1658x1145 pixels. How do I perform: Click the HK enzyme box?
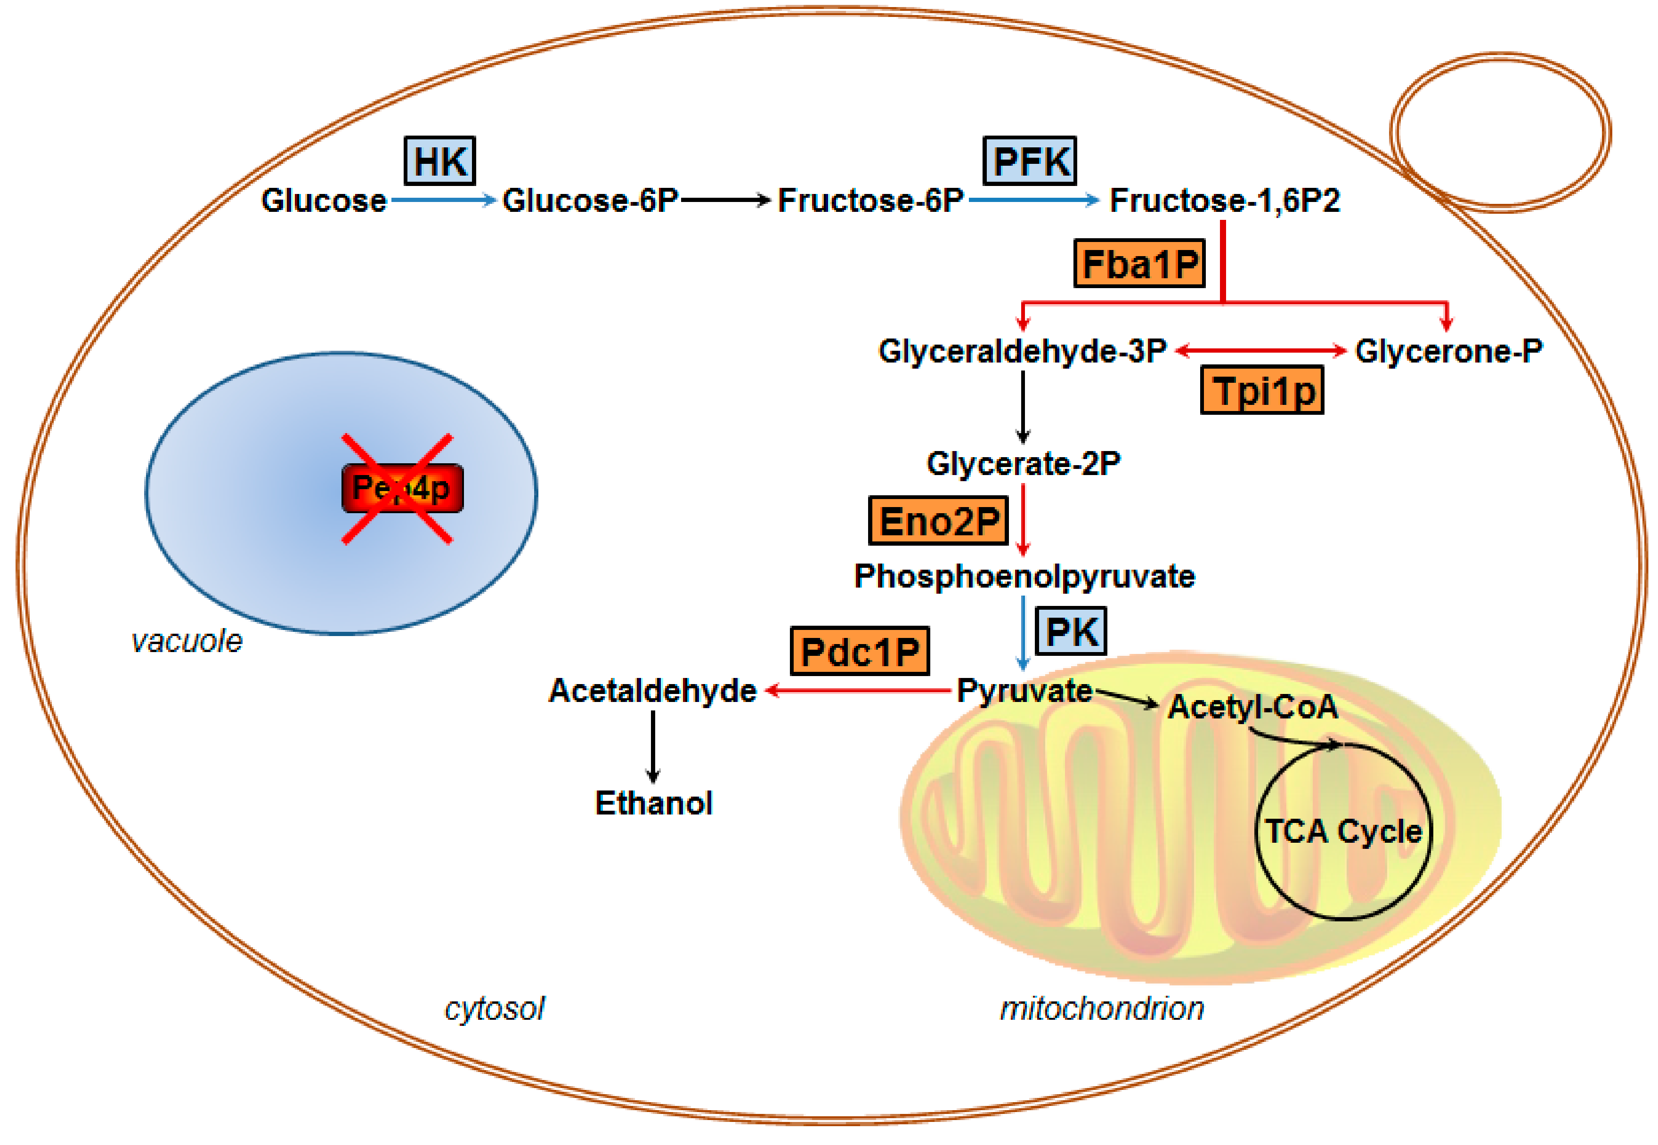point(439,161)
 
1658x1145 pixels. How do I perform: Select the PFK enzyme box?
point(1029,161)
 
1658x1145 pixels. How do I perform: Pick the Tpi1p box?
point(1262,391)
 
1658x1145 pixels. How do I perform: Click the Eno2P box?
point(938,521)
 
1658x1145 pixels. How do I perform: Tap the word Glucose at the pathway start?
point(324,200)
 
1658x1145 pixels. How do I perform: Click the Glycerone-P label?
point(1448,351)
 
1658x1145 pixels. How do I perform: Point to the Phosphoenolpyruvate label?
point(1024,576)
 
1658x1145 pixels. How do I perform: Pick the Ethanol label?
point(653,803)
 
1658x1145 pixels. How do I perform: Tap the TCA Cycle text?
point(1343,831)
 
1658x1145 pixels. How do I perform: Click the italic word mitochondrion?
point(1102,1008)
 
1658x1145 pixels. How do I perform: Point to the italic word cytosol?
point(495,1008)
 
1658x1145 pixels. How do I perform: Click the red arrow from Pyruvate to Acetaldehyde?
point(858,690)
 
